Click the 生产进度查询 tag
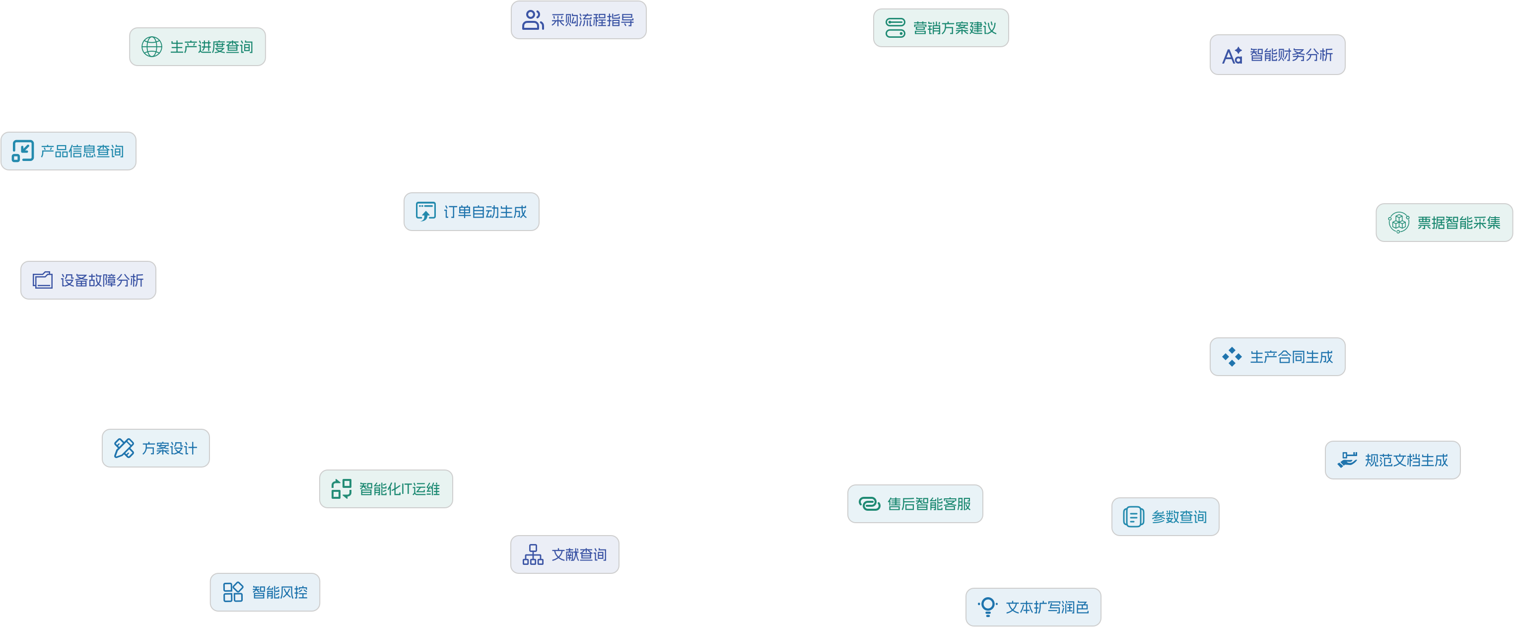[x=198, y=47]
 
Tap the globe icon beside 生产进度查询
[x=151, y=47]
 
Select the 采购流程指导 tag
[x=578, y=20]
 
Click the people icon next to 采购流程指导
[x=533, y=20]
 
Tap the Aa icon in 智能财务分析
[x=1232, y=55]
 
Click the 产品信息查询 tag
[x=69, y=151]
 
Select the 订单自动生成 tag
[x=472, y=212]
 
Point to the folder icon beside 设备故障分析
[x=42, y=280]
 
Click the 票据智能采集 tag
[x=1444, y=223]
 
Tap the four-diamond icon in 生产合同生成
[x=1232, y=356]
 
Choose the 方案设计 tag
[x=156, y=448]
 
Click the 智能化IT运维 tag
[x=386, y=489]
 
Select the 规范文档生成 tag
[x=1392, y=460]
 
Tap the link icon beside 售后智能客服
[x=869, y=503]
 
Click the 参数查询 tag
[x=1165, y=516]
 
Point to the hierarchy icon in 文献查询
[x=533, y=554]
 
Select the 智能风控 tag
[x=265, y=592]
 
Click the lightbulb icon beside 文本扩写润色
[x=988, y=607]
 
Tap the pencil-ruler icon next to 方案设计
[x=124, y=448]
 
